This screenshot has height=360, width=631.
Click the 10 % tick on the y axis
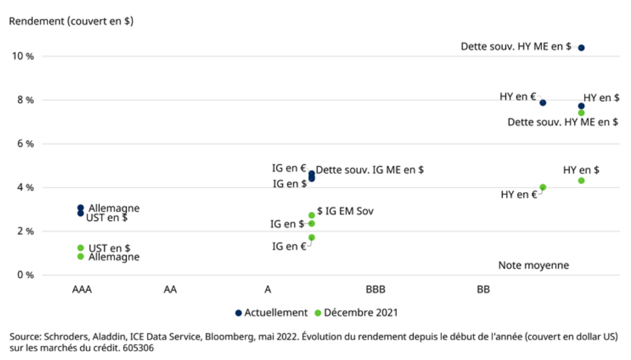[x=21, y=56]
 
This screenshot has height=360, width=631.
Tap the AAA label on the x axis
[x=82, y=289]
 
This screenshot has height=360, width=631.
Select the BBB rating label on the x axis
[x=375, y=289]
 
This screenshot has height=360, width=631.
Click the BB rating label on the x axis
[x=484, y=289]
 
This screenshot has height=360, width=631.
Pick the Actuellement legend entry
[x=271, y=313]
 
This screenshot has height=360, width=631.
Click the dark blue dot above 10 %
[x=581, y=47]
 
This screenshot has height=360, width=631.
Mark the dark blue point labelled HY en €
[x=543, y=102]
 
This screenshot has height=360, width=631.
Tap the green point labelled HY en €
[x=543, y=188]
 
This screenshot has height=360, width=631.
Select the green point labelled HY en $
[x=581, y=181]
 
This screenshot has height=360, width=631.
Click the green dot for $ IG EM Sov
[x=312, y=215]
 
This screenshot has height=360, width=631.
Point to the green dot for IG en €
[x=312, y=237]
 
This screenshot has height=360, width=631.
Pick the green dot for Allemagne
[x=80, y=256]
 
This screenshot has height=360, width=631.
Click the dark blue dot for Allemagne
[x=80, y=208]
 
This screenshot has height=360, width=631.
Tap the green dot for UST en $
[x=80, y=248]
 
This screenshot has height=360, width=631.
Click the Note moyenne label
[x=533, y=266]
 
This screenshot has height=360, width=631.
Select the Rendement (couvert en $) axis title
[x=71, y=21]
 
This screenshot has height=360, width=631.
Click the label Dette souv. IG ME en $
[x=370, y=170]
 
